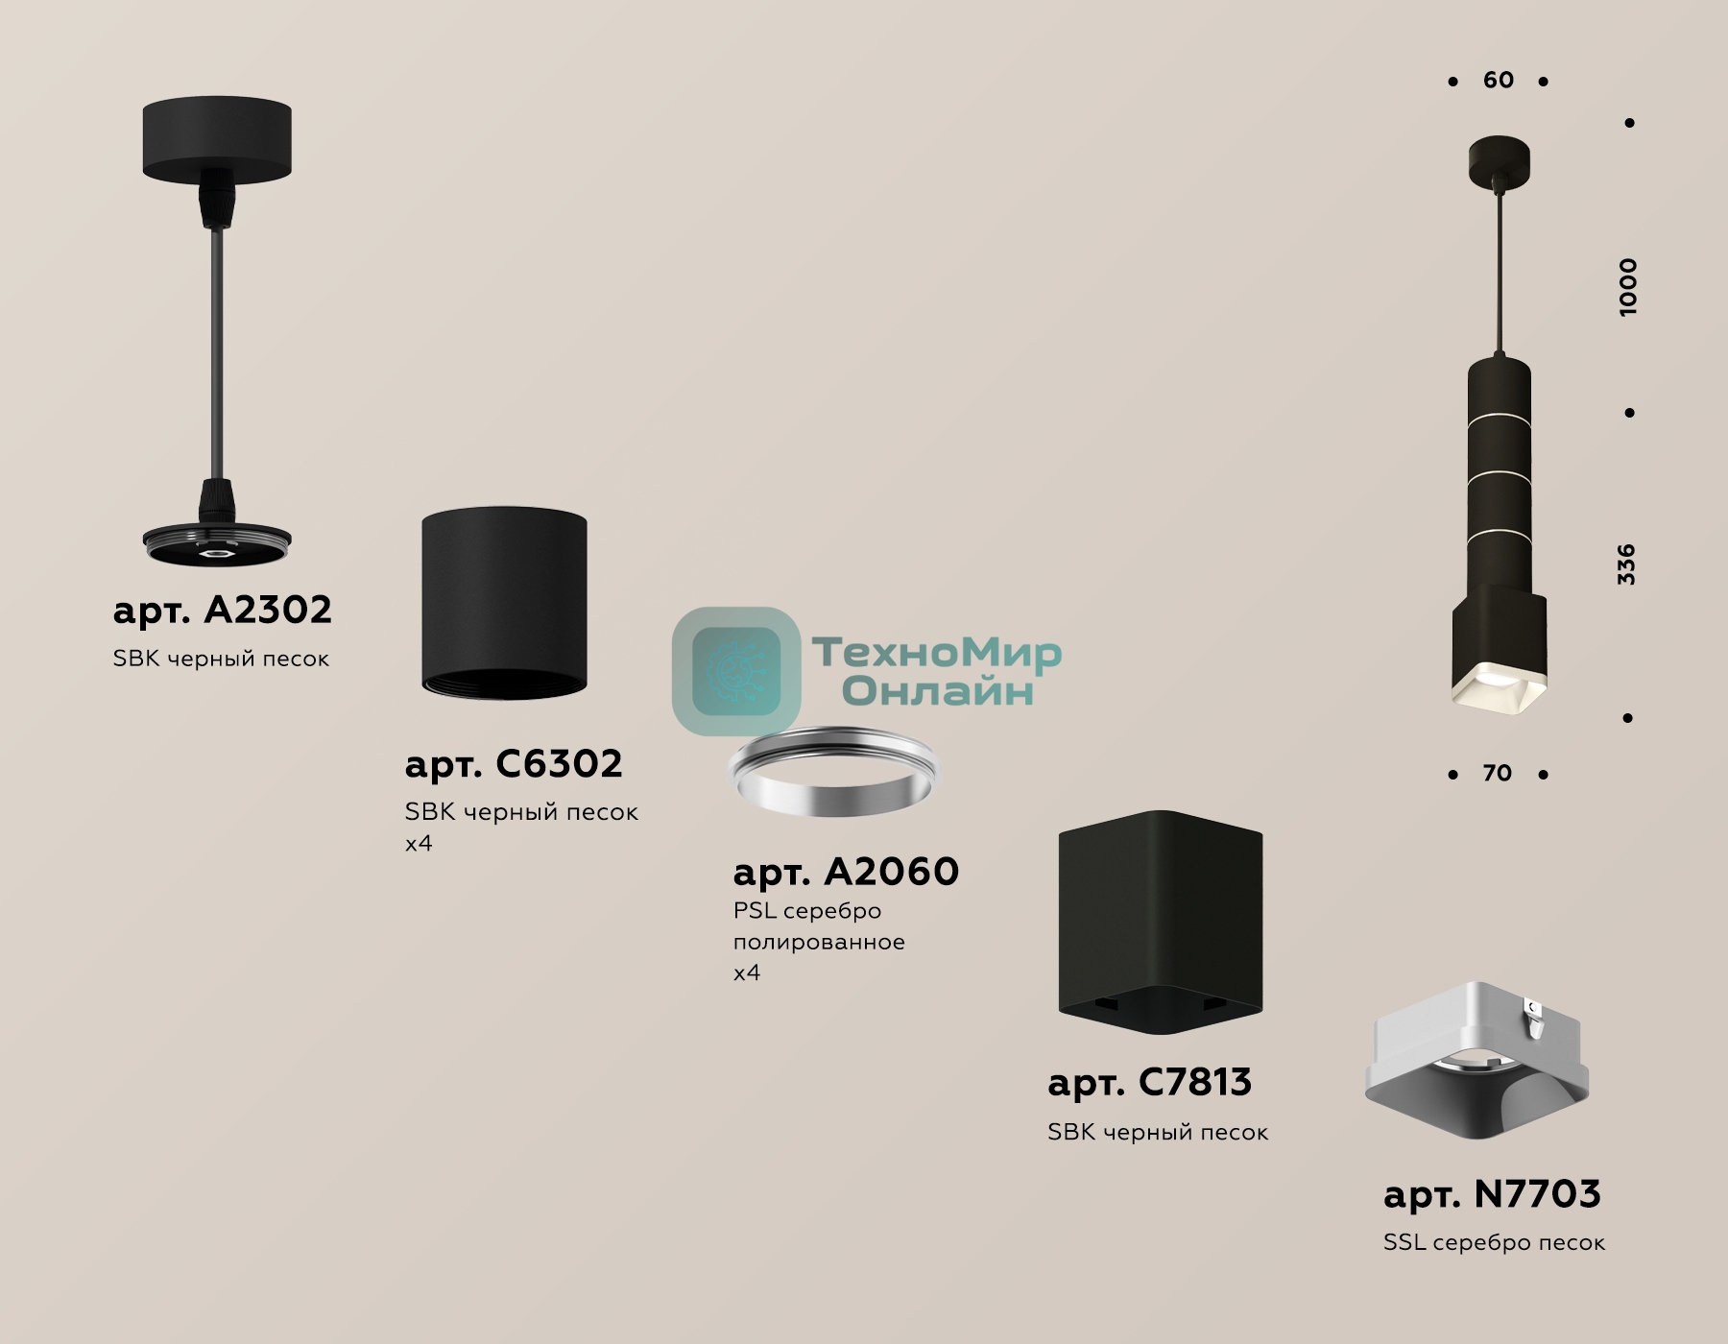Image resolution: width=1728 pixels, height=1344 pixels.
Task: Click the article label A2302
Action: [222, 610]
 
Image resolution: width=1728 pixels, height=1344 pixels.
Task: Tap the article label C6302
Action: [514, 763]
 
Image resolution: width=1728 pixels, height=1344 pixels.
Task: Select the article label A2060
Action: [846, 872]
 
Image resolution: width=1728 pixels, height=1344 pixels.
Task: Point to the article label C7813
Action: [1149, 1082]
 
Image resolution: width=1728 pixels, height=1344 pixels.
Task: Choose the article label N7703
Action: [1492, 1194]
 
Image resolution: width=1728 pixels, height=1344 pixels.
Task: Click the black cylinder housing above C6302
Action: [504, 603]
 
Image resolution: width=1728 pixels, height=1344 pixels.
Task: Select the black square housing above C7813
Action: [1161, 923]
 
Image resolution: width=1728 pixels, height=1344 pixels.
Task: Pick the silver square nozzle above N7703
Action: [1476, 1060]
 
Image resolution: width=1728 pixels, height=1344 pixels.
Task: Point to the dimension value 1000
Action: [1628, 287]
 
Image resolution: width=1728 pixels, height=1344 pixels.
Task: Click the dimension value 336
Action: [1625, 564]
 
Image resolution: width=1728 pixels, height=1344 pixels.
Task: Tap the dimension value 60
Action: [1498, 80]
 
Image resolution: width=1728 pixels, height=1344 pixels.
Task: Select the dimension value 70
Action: [1497, 773]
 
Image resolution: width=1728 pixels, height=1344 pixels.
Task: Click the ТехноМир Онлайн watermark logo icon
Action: [736, 670]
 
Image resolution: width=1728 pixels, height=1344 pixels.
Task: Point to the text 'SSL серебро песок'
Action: [1494, 1242]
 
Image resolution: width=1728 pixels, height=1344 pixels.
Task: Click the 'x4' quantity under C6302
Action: [419, 844]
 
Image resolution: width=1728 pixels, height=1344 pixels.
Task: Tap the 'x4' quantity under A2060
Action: [747, 972]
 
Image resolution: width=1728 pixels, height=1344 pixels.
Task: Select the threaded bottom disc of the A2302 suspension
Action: [217, 544]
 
